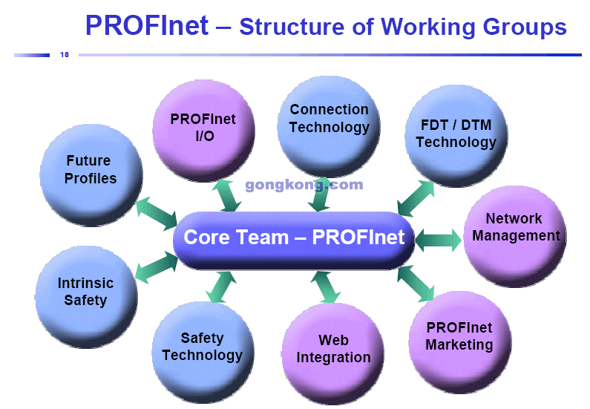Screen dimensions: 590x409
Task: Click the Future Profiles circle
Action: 91,175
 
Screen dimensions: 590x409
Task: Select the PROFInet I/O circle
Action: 203,131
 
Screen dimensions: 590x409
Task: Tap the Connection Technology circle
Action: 329,127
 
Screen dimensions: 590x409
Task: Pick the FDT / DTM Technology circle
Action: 456,136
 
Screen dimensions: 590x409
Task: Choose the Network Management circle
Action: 515,237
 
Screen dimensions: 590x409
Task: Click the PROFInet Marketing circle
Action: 460,342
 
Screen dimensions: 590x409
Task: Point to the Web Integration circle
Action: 333,353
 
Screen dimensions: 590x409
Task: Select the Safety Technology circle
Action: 203,352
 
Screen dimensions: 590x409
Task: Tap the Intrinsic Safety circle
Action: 86,297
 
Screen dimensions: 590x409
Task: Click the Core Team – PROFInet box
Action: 294,241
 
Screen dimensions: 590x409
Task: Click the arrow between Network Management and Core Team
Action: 438,240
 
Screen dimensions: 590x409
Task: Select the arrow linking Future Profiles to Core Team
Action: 157,213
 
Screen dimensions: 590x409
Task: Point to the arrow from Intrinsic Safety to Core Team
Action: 157,267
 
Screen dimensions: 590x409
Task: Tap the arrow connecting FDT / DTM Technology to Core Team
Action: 416,198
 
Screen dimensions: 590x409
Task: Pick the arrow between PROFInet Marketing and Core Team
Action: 416,284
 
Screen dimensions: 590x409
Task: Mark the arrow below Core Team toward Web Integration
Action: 326,287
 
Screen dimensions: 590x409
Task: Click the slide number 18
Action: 65,55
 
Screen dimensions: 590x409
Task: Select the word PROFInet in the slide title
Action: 147,25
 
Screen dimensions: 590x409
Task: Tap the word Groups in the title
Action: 525,27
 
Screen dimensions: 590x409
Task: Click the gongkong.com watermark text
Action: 304,185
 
